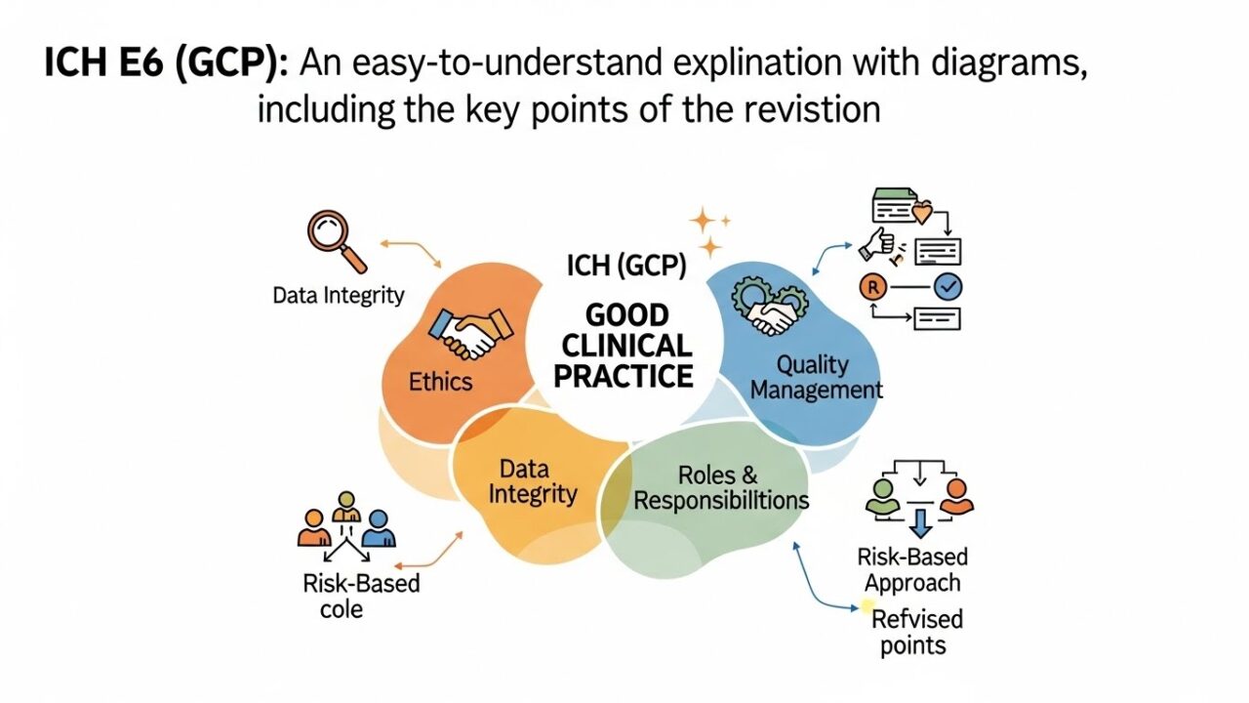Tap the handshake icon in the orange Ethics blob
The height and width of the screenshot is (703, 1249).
click(x=470, y=333)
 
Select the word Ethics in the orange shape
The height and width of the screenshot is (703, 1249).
click(x=440, y=381)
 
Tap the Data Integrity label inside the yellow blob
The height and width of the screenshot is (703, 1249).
click(x=533, y=480)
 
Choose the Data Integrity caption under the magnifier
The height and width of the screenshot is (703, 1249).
click(x=339, y=296)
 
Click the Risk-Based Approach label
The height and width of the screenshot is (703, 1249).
click(x=912, y=570)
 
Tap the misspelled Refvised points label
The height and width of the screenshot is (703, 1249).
click(x=916, y=632)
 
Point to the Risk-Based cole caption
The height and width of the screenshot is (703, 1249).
click(x=360, y=596)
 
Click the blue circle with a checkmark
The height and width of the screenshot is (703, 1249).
click(x=947, y=286)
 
